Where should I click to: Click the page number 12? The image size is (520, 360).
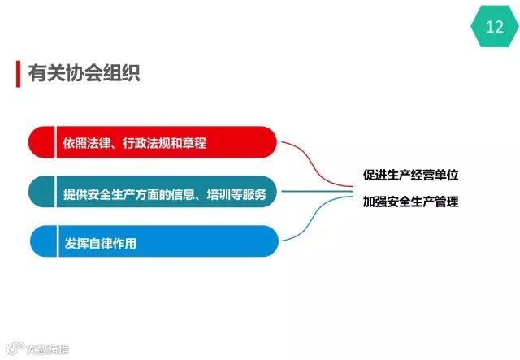(x=495, y=27)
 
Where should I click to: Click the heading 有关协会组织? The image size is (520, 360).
(x=84, y=73)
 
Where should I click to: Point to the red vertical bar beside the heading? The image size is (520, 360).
(x=19, y=73)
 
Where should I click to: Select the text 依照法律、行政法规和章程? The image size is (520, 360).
(x=135, y=144)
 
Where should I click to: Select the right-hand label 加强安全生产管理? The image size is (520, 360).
(x=410, y=202)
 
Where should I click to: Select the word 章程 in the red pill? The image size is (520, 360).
(x=194, y=144)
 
